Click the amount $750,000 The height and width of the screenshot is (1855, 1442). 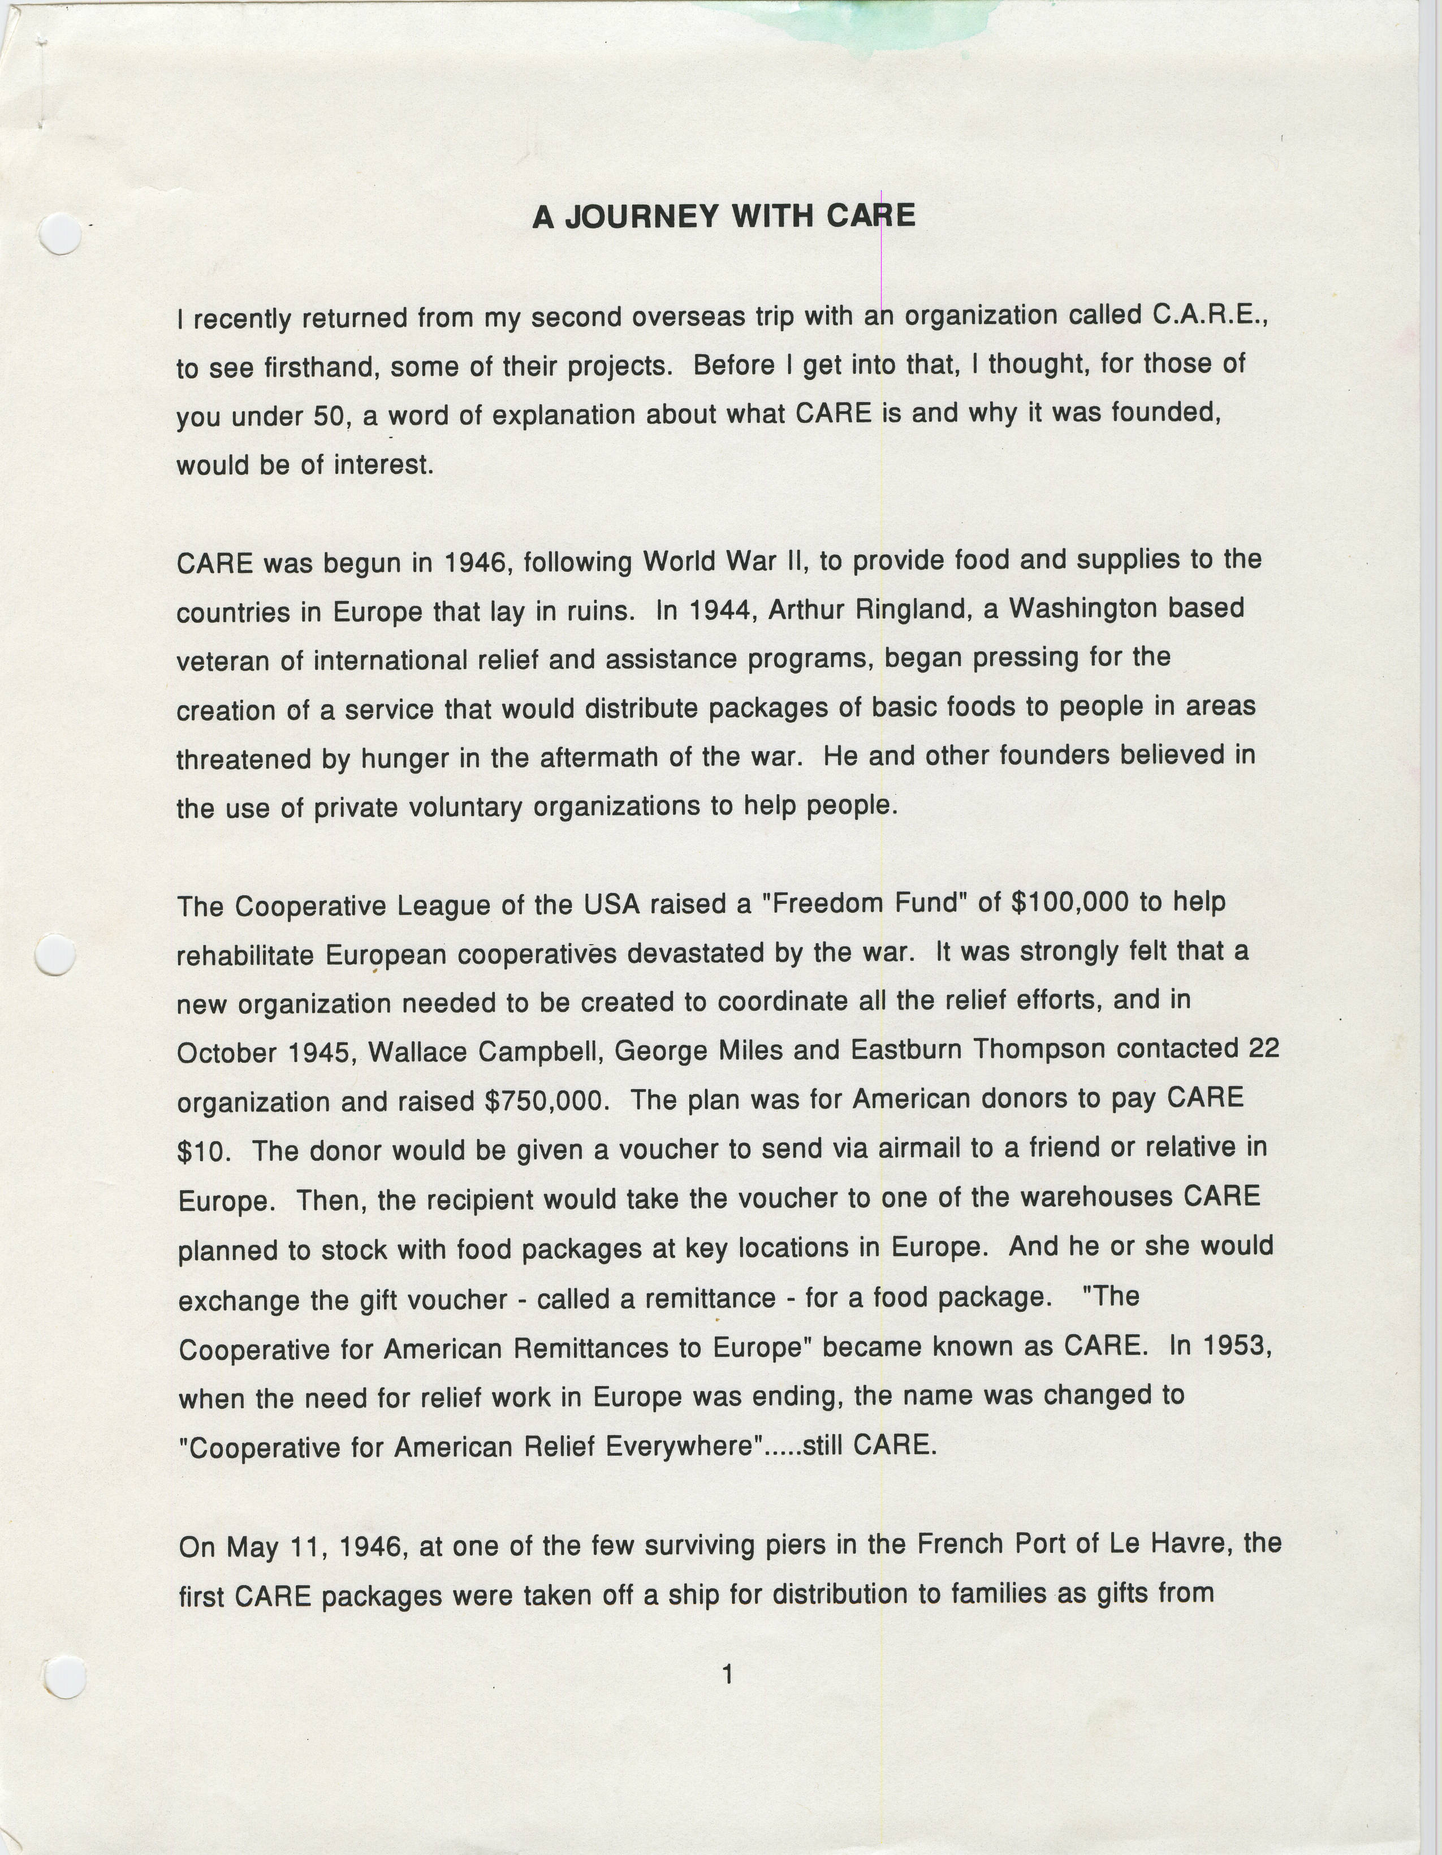pyautogui.click(x=547, y=1102)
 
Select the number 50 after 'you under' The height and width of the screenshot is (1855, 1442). pyautogui.click(x=327, y=416)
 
